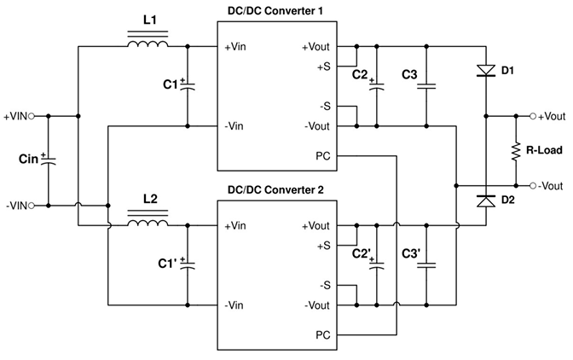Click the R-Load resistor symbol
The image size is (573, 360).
[516, 151]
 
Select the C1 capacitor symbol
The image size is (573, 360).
[188, 84]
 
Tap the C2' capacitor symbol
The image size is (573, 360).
[373, 264]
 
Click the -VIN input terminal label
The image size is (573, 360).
[18, 206]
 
